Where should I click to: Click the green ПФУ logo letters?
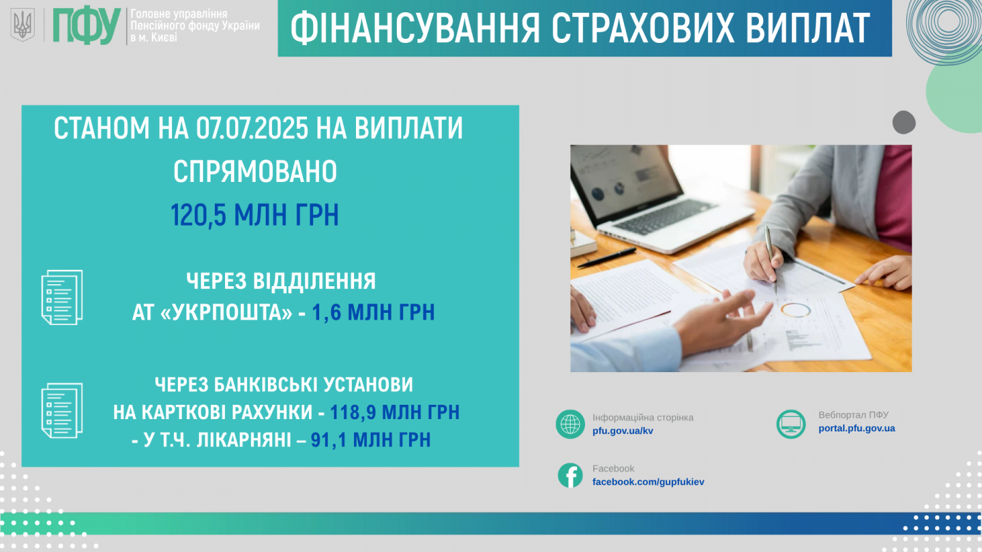pyautogui.click(x=87, y=26)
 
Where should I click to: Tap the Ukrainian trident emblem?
pyautogui.click(x=23, y=25)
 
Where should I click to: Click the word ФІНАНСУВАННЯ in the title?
pyautogui.click(x=415, y=29)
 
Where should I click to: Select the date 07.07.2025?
pyautogui.click(x=252, y=128)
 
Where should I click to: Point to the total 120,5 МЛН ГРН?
pyautogui.click(x=255, y=215)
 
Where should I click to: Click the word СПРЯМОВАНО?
pyautogui.click(x=255, y=171)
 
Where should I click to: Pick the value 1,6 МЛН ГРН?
pyautogui.click(x=373, y=312)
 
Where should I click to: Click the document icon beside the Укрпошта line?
pyautogui.click(x=62, y=297)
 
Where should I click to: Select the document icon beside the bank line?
pyautogui.click(x=62, y=410)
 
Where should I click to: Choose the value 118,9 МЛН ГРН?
pyautogui.click(x=395, y=412)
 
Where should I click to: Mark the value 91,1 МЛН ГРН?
pyautogui.click(x=371, y=440)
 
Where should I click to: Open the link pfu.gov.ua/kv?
pyautogui.click(x=623, y=431)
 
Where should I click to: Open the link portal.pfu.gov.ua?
pyautogui.click(x=857, y=428)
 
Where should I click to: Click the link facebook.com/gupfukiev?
pyautogui.click(x=648, y=482)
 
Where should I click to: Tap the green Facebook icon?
pyautogui.click(x=570, y=476)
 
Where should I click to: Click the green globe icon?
pyautogui.click(x=570, y=424)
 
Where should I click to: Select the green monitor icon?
pyautogui.click(x=791, y=424)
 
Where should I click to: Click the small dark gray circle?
pyautogui.click(x=904, y=122)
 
